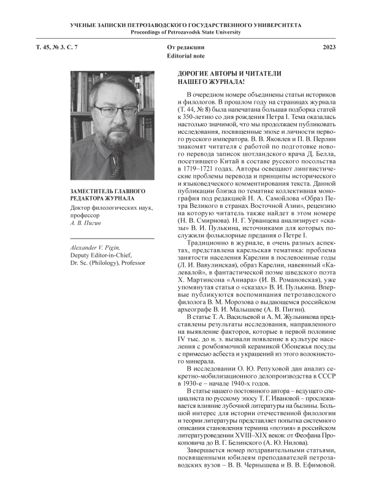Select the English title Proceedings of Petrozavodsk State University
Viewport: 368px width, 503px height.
183,31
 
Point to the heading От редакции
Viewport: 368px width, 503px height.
184,47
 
